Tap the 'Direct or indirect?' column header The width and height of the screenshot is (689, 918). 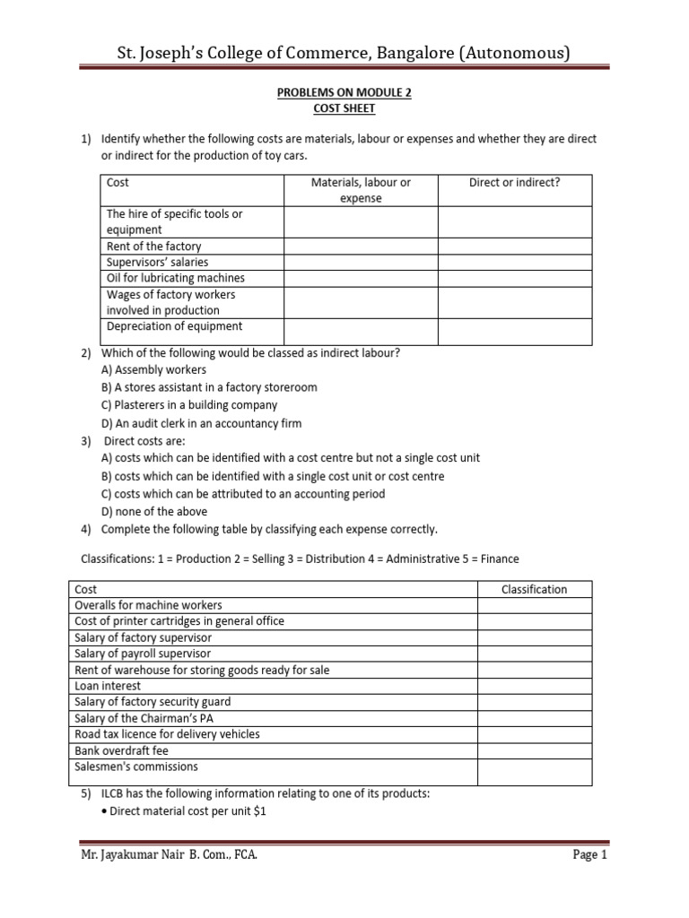point(514,182)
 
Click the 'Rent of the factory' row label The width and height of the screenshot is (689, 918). point(153,247)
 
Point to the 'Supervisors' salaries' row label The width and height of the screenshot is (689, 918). point(157,263)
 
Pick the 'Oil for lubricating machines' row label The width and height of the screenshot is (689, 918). point(175,279)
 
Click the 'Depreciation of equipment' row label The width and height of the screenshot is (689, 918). point(174,327)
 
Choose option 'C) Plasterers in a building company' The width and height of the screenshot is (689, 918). point(189,405)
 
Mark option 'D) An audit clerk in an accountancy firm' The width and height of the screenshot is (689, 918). point(201,423)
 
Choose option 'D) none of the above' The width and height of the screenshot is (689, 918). point(153,511)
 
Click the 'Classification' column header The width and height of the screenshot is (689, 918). point(534,589)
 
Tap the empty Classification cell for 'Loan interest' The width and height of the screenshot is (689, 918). point(534,686)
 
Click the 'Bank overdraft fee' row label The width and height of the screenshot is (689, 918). point(121,750)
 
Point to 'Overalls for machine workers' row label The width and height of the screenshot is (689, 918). point(148,605)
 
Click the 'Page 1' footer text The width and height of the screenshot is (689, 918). point(590,855)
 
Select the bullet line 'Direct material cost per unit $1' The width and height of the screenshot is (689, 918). point(188,811)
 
